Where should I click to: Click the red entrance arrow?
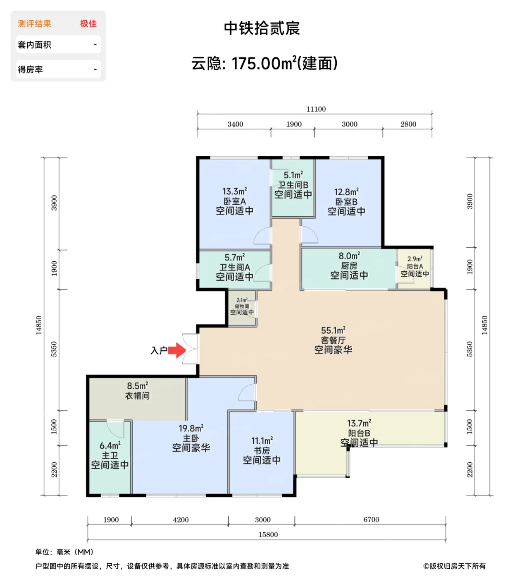click(x=177, y=350)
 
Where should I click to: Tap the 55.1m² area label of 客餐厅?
click(x=333, y=330)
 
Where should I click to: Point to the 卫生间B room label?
click(x=293, y=185)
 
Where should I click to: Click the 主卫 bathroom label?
click(x=110, y=455)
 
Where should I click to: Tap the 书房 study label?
click(x=262, y=450)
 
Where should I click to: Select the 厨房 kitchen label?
click(x=349, y=266)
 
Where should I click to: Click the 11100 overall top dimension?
click(x=316, y=109)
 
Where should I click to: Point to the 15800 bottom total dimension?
click(x=268, y=534)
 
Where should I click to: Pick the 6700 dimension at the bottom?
click(x=371, y=519)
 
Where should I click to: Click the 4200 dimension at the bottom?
click(x=181, y=520)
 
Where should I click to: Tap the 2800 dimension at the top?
click(x=408, y=124)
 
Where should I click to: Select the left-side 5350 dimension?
click(x=54, y=349)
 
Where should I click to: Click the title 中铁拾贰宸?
click(x=262, y=28)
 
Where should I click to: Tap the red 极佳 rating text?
click(x=88, y=24)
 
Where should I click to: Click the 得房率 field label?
click(x=30, y=69)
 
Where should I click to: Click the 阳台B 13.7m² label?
click(x=359, y=423)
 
